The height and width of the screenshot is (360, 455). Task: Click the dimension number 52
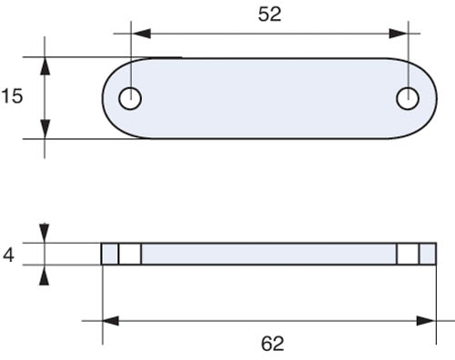tap(269, 15)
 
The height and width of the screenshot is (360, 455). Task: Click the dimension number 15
tap(12, 96)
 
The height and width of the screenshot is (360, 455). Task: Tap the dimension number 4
tap(8, 255)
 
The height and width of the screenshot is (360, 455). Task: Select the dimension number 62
tap(272, 344)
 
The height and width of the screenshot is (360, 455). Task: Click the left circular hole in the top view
tap(130, 98)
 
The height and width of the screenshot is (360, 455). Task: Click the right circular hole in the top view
tap(408, 98)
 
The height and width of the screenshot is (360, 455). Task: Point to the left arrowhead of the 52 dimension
tap(141, 34)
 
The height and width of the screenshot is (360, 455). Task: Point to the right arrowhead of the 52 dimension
tap(399, 34)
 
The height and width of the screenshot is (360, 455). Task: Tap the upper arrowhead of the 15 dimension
tap(45, 66)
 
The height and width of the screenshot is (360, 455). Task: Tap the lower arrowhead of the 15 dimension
tap(45, 129)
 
